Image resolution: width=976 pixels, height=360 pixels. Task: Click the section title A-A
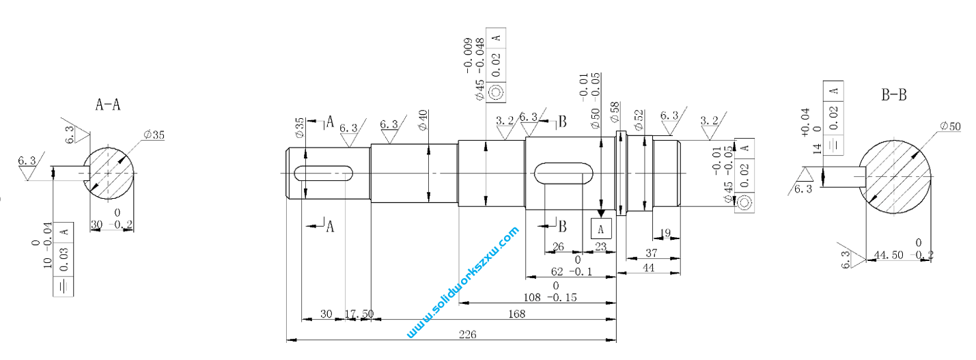coord(108,105)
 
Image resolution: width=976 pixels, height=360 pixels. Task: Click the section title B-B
coord(893,96)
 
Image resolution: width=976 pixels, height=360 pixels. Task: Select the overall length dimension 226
coord(468,334)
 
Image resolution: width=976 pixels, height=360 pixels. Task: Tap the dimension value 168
coord(516,314)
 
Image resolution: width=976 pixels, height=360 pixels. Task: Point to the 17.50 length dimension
coord(359,314)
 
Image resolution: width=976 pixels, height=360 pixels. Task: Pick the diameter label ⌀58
coord(615,113)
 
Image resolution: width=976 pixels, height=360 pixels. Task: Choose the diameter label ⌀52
coord(639,120)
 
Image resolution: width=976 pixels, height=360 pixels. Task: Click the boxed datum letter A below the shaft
coord(601,228)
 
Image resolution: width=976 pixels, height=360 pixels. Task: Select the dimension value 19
coord(667,234)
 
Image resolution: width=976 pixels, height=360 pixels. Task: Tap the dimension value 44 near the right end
coord(647,269)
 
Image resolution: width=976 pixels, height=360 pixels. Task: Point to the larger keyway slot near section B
coord(563,174)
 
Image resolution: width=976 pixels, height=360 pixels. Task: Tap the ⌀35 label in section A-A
coord(154,135)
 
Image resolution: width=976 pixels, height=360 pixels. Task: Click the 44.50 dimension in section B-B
coord(889,255)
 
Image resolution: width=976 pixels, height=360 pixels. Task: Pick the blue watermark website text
coord(463,283)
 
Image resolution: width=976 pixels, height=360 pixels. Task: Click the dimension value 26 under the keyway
coord(558,247)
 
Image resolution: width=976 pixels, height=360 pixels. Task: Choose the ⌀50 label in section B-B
coord(950,126)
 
